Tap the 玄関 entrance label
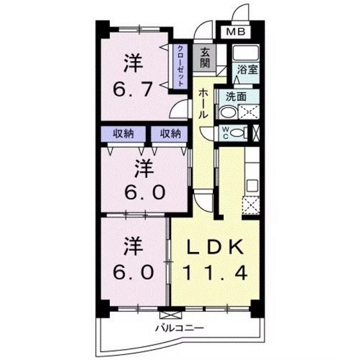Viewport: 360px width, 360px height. (x=204, y=59)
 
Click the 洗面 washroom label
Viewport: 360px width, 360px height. (x=235, y=97)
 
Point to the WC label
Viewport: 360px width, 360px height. (x=226, y=134)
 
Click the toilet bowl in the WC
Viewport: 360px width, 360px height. (x=239, y=134)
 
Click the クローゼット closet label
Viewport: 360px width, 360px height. (x=182, y=65)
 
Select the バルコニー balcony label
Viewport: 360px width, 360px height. (x=179, y=329)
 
